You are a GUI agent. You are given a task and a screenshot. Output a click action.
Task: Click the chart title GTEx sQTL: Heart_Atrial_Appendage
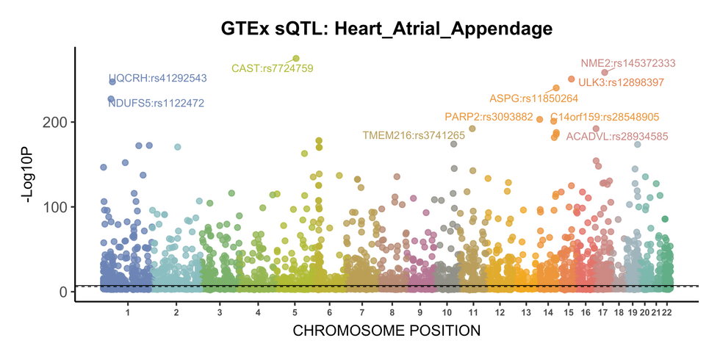(386, 29)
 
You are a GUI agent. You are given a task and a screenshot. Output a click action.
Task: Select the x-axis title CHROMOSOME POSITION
(386, 331)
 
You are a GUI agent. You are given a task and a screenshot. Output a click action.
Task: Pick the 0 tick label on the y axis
(64, 292)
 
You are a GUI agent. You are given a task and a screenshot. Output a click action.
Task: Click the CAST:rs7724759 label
(273, 68)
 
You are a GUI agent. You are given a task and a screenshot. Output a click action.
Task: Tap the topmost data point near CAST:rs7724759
(296, 58)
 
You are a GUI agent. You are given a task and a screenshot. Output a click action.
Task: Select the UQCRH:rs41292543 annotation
(157, 78)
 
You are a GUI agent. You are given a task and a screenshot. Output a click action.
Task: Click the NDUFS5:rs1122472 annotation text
(156, 103)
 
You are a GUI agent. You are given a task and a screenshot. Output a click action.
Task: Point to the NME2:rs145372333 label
(628, 63)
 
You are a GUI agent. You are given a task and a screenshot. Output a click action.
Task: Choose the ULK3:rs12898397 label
(621, 82)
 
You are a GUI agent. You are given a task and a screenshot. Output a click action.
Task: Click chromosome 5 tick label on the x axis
(295, 312)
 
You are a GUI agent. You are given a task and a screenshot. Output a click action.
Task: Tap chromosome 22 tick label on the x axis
(667, 312)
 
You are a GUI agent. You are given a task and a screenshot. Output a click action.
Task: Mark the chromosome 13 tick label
(526, 312)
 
